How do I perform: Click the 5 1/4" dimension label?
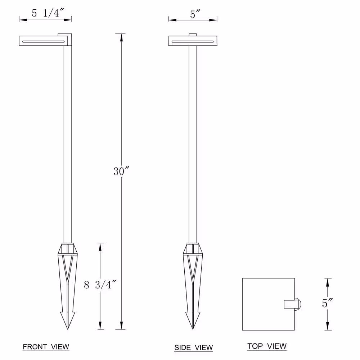(48, 13)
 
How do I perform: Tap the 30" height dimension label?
(121, 171)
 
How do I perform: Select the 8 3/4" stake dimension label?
(100, 285)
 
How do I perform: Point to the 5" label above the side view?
(195, 14)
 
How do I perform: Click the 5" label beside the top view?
(327, 303)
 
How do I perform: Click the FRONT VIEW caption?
(46, 347)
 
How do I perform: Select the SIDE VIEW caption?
(194, 347)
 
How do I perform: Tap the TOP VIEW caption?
(267, 346)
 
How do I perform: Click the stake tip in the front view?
(68, 329)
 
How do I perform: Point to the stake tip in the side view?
(193, 329)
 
